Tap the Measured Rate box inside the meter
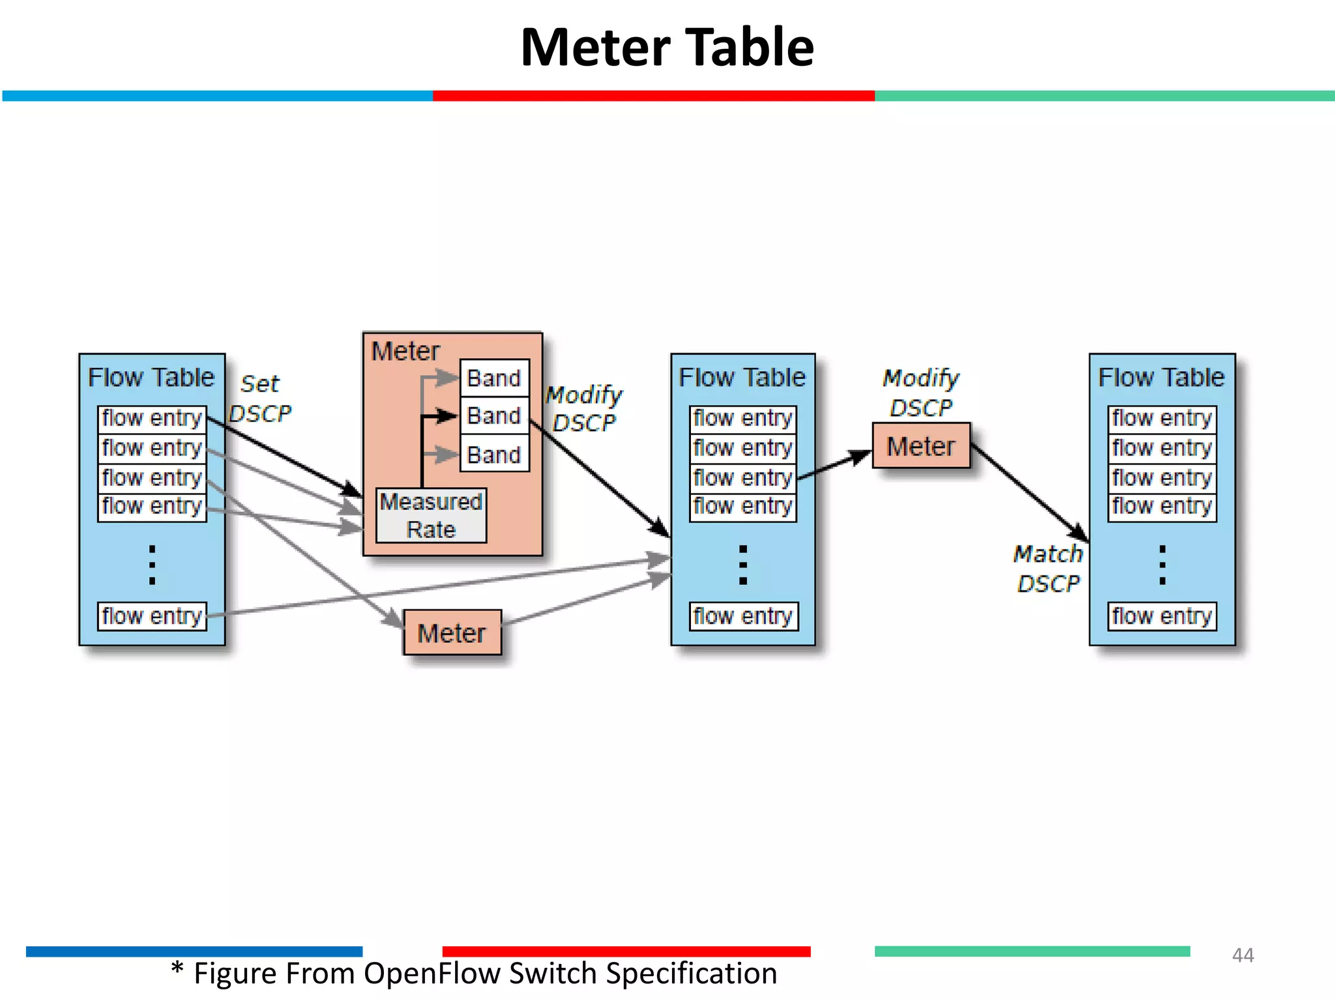431,515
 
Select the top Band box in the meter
494,378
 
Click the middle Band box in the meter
494,416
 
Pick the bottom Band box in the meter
494,454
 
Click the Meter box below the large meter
452,633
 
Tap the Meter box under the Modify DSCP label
920,446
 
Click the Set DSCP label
260,398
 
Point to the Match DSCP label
1048,568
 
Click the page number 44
1242,955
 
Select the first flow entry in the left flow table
152,418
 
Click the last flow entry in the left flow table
152,616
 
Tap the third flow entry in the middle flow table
742,478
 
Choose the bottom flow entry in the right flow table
1162,616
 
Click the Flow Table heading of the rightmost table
1162,377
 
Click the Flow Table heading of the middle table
742,377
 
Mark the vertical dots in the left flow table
152,564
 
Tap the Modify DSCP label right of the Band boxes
583,409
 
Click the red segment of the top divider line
653,96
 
